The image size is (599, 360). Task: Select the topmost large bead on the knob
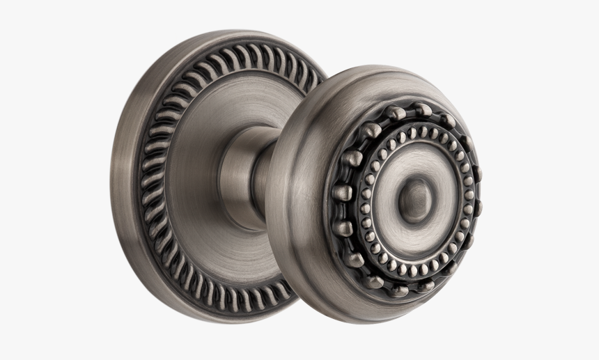pos(421,109)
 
